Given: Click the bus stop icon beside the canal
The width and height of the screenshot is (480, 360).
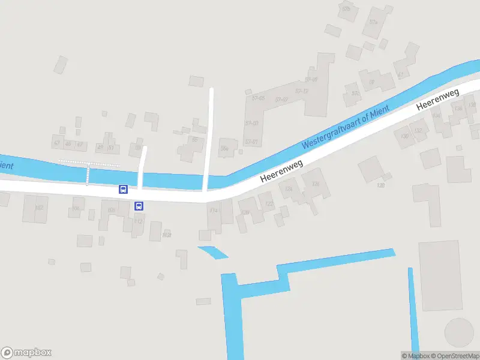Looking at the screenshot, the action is coord(123,189).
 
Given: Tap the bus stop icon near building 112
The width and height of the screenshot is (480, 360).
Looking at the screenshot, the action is coord(139,206).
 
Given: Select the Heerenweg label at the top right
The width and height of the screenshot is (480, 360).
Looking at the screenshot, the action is coord(438,99).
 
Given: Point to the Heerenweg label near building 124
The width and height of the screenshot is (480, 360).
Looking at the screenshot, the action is coord(281,171).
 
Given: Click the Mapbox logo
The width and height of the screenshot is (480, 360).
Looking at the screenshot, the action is coord(26,352).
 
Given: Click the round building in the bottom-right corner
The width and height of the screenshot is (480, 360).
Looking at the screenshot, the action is coord(459,332).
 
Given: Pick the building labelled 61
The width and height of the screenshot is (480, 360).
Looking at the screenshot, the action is coord(400,76).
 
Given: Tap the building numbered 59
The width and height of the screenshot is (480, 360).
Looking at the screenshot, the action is coord(371,83).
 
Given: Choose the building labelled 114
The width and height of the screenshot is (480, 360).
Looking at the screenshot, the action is coord(214,211).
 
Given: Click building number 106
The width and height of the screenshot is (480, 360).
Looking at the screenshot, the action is coord(76,209).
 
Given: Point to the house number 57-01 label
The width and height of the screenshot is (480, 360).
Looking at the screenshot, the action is coord(251,142).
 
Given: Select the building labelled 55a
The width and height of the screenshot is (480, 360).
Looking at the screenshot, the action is coord(226,148).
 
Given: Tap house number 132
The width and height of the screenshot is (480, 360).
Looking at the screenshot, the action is coord(418,130).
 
